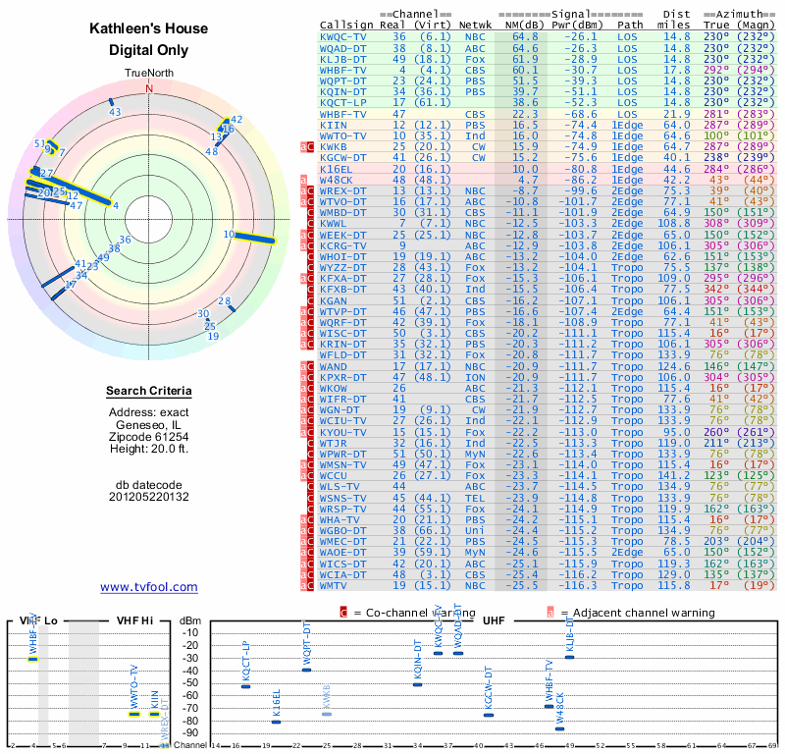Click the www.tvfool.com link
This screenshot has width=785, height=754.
point(149,587)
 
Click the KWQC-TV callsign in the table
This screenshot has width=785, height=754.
point(344,36)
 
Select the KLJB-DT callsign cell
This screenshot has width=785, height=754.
point(344,59)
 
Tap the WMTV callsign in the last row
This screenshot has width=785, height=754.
point(338,585)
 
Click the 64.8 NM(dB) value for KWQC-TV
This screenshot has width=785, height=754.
point(525,36)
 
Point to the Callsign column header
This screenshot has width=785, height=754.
point(347,25)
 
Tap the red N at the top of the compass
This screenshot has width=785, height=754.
point(149,87)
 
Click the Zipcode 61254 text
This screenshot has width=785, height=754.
point(149,436)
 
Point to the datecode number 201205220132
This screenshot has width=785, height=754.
point(149,497)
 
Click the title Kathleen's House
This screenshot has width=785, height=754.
point(149,29)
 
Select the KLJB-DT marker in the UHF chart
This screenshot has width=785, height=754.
point(569,657)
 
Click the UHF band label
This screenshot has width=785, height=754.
point(493,621)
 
